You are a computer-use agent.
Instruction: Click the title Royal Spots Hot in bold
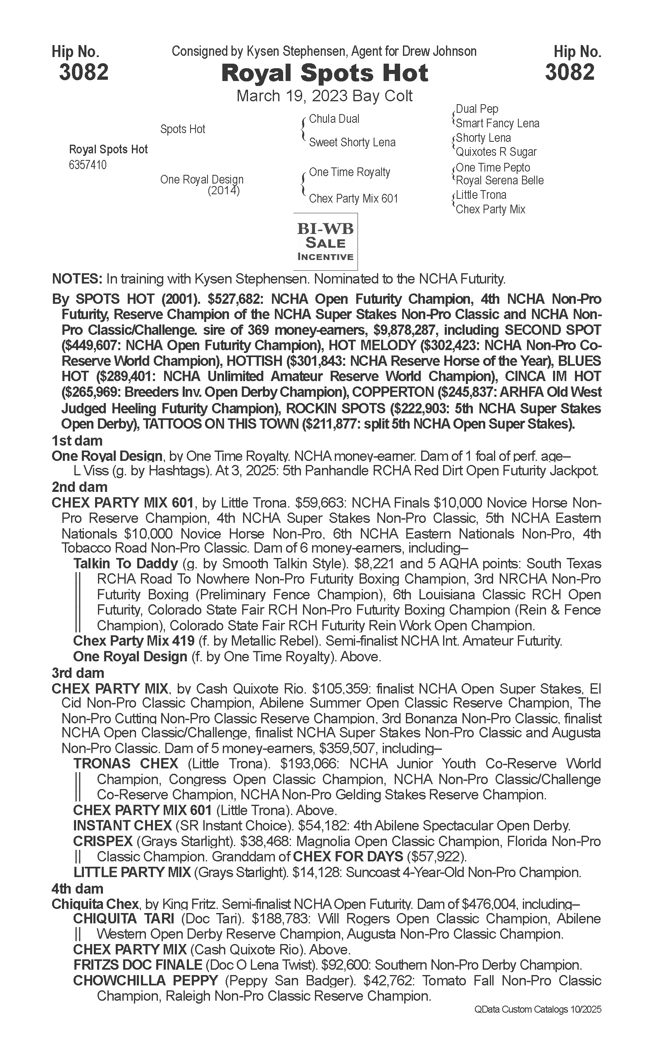point(324,73)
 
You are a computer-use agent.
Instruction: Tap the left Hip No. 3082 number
point(83,72)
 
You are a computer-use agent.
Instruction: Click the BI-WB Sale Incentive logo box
point(326,241)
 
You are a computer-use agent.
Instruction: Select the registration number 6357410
point(88,165)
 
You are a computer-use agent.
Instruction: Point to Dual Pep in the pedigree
point(477,109)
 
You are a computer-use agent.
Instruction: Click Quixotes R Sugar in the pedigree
point(496,152)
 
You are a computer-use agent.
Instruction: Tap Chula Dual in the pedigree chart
point(334,119)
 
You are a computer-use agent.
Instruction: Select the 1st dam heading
point(77,441)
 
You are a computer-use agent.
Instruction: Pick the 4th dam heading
point(77,889)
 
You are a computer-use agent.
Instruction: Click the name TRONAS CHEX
point(126,764)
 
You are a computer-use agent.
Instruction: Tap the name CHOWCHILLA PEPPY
point(145,981)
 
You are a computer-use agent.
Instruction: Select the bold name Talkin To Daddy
point(126,564)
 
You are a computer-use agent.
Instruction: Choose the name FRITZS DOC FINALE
point(137,965)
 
